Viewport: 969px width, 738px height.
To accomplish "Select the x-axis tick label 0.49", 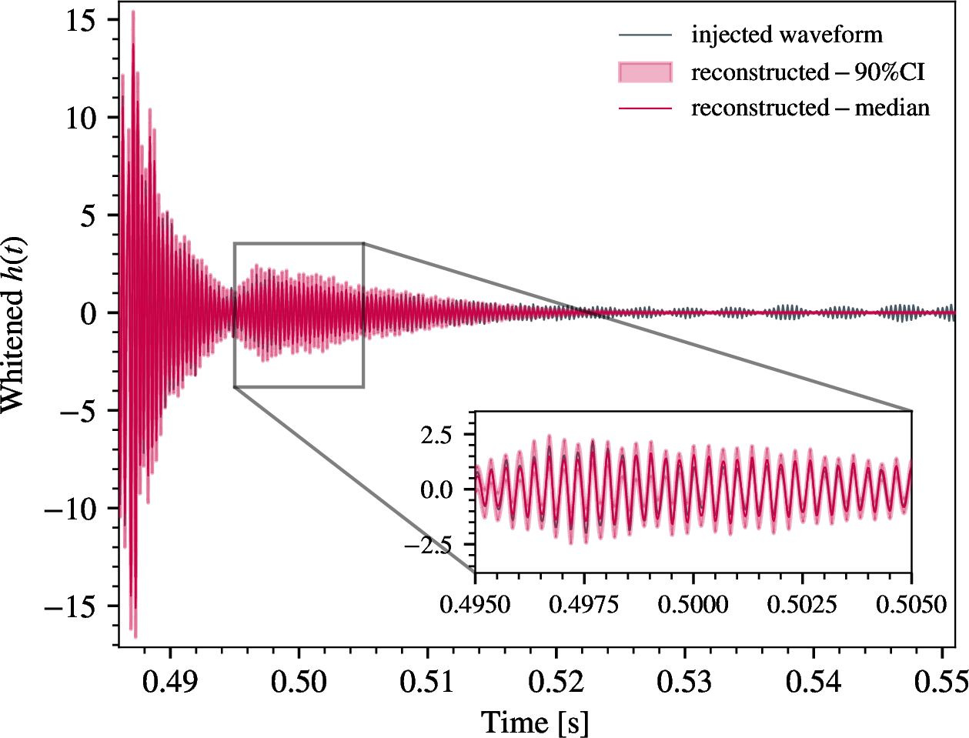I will tap(170, 682).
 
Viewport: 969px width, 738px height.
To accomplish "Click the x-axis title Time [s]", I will tap(534, 722).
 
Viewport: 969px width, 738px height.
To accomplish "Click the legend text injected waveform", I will tap(787, 35).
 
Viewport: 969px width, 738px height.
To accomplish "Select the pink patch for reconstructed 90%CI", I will tap(645, 72).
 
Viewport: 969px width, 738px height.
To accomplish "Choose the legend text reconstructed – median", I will tap(810, 108).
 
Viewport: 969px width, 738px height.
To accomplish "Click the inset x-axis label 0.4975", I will tap(584, 604).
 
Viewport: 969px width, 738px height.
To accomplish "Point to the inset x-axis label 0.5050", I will tap(911, 604).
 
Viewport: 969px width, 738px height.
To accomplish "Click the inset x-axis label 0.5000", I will tap(693, 604).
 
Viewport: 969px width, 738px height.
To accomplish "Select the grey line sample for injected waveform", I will tap(645, 35).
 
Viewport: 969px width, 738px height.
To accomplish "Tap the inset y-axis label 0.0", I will tap(437, 489).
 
